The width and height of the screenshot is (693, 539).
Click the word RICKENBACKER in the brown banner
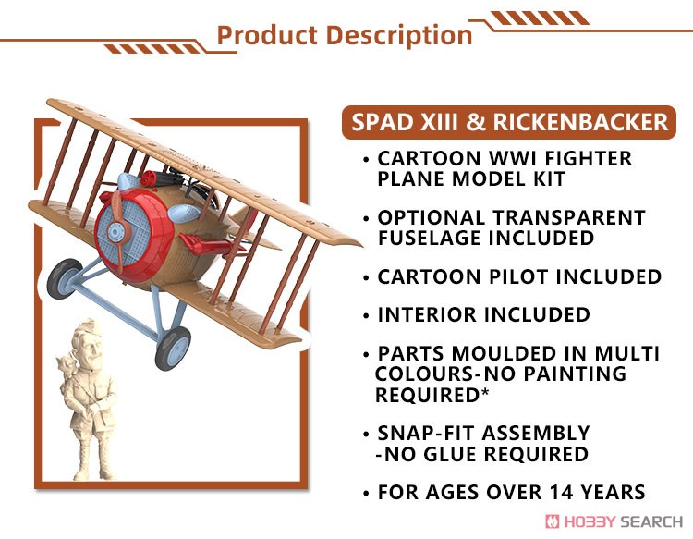tap(580, 122)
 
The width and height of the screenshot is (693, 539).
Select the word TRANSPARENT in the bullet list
tap(569, 217)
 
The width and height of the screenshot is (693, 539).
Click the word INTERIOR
tap(427, 315)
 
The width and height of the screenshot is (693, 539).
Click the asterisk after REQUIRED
tap(485, 391)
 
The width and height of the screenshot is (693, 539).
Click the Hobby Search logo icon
tap(553, 521)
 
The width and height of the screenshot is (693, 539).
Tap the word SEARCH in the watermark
tap(652, 522)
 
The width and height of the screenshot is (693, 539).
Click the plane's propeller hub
tap(115, 232)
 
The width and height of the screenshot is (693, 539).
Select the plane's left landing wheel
tap(64, 279)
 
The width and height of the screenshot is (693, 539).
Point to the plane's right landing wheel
tap(173, 348)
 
